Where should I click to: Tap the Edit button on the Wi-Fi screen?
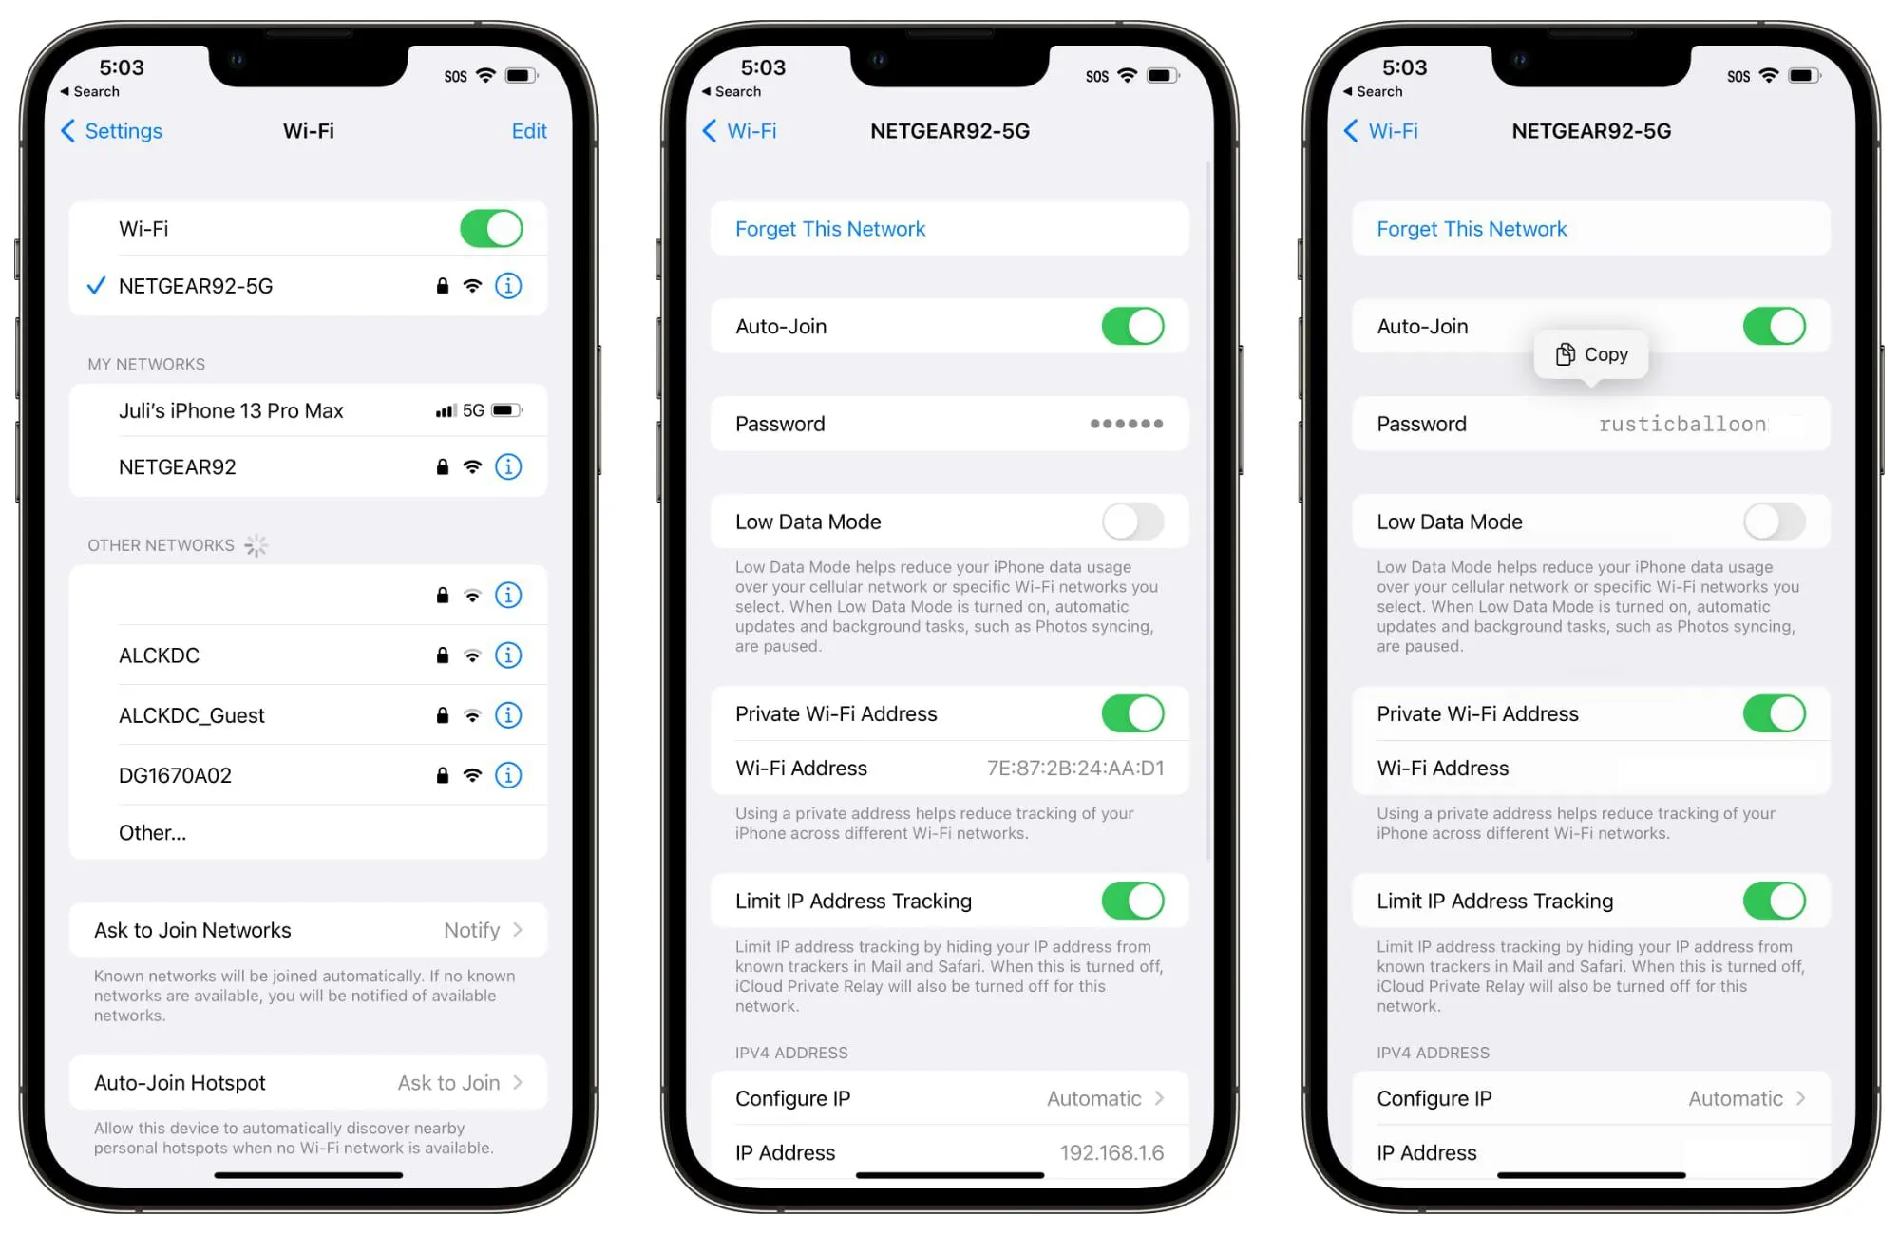coord(529,131)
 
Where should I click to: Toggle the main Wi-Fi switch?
coord(491,229)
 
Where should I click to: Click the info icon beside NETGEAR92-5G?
coord(508,286)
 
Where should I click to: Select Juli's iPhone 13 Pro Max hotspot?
coord(231,410)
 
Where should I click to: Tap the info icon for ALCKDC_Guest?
coord(508,715)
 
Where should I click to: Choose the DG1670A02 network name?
coord(175,775)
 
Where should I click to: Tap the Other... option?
coord(153,833)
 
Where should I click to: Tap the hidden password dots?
coord(1126,424)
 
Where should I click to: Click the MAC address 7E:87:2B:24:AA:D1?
coord(1074,769)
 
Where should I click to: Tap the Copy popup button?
coord(1592,354)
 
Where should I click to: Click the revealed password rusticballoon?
coord(1681,424)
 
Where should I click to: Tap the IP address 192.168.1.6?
coord(1111,1153)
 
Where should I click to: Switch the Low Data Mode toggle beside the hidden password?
coord(1132,522)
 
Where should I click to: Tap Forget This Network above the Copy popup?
coord(1472,229)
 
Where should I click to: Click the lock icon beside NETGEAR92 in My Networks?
coord(442,466)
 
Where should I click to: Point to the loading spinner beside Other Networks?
coord(256,545)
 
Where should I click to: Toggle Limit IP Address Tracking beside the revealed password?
coord(1774,901)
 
